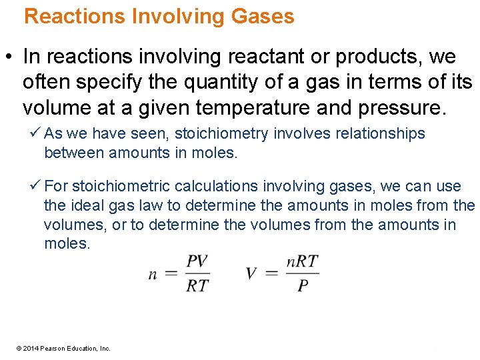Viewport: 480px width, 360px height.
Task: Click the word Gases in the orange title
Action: coord(263,16)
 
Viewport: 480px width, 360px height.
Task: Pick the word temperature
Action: coord(255,108)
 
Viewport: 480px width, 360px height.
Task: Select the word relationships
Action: coord(375,133)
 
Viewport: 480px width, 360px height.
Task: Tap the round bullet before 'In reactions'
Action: coord(11,57)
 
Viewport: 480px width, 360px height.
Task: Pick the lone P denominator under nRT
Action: coord(303,285)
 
